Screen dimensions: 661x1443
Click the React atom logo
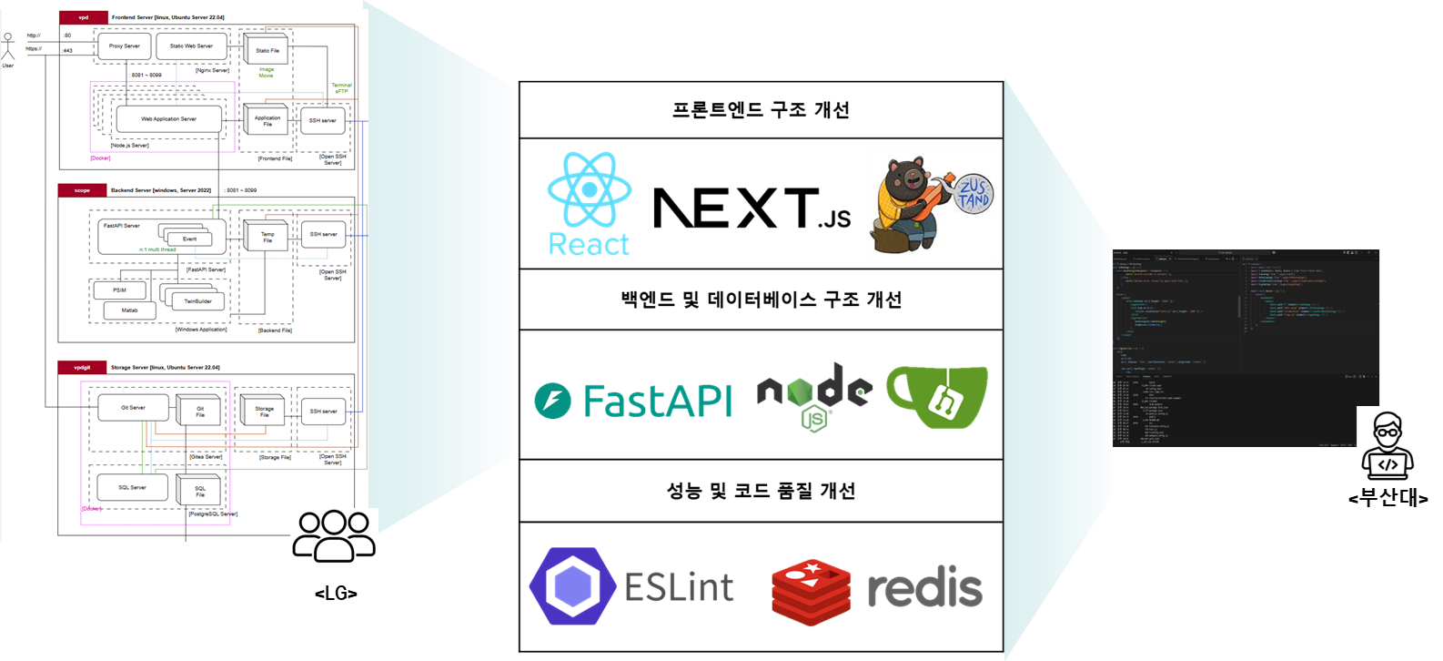coord(590,189)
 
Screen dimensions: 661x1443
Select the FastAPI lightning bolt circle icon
coord(553,401)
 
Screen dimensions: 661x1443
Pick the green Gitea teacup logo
coord(937,396)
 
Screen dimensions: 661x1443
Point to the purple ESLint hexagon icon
coord(573,586)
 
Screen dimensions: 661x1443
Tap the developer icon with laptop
coord(1387,445)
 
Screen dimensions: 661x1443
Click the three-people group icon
coord(334,536)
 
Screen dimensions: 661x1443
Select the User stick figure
coord(8,48)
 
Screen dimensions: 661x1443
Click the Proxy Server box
coord(125,46)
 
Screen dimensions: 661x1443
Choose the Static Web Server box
coord(191,46)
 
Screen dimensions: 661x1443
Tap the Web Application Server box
coord(168,119)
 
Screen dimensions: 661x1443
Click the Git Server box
coord(133,408)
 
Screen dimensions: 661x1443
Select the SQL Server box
coord(132,487)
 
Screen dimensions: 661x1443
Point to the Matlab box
coord(126,310)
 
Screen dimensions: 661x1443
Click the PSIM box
coord(119,290)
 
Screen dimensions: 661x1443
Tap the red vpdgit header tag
coord(82,368)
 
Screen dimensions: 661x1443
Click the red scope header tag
coord(82,190)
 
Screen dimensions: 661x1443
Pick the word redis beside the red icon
coord(924,590)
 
